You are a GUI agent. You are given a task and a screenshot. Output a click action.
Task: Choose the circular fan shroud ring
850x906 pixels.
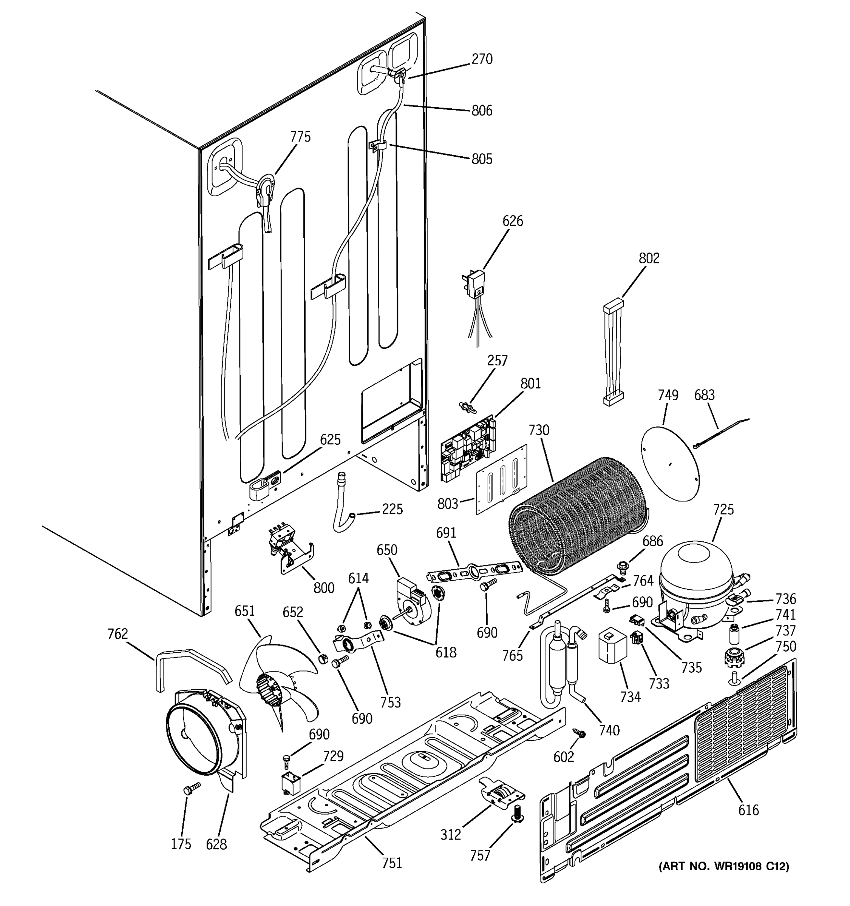tap(196, 738)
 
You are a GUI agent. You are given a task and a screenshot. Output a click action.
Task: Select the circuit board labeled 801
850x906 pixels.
tap(467, 449)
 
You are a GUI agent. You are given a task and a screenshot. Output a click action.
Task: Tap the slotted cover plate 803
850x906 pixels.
tap(502, 479)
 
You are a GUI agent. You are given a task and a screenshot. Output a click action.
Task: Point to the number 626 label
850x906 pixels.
tap(513, 221)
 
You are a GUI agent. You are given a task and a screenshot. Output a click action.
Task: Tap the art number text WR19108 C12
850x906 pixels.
tap(724, 866)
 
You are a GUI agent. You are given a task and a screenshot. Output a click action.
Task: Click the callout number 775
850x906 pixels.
tap(300, 137)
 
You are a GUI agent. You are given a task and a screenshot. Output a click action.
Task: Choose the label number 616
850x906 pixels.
tap(748, 810)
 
